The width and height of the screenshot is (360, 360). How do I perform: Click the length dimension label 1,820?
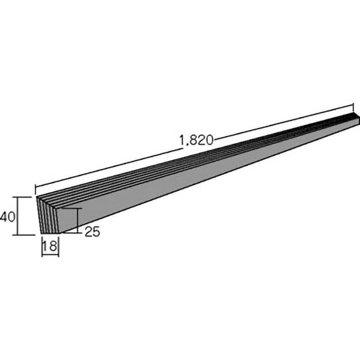pos(197,140)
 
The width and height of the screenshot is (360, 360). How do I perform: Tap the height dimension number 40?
pos(8,217)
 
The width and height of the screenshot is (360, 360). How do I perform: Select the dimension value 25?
pos(92,231)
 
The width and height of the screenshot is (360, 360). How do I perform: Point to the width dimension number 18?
pos(50,246)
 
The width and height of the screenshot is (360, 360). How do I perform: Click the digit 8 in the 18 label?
pos(53,246)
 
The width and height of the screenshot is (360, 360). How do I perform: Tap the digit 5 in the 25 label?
pos(96,231)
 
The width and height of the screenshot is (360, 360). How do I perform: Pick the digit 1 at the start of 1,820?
pos(182,140)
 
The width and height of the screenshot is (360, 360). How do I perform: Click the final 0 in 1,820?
pos(209,140)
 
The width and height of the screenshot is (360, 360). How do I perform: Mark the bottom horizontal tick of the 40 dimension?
pos(24,235)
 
